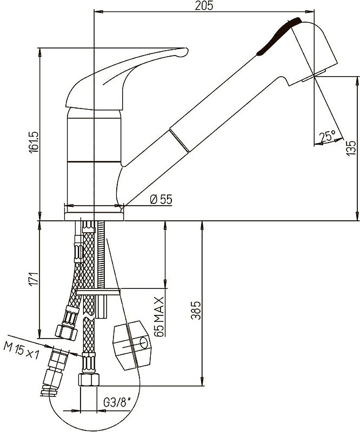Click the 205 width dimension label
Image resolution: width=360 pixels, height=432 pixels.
pyautogui.click(x=204, y=5)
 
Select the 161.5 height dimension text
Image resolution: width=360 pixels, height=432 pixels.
pyautogui.click(x=34, y=141)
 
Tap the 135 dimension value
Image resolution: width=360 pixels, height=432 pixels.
pyautogui.click(x=350, y=148)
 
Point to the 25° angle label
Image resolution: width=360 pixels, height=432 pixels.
pyautogui.click(x=327, y=136)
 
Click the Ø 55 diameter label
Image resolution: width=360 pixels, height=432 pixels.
pyautogui.click(x=161, y=199)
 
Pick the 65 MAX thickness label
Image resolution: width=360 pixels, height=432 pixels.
pyautogui.click(x=159, y=316)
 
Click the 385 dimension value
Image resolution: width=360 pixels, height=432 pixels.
pyautogui.click(x=196, y=310)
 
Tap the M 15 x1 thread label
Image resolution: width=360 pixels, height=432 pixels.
pyautogui.click(x=21, y=349)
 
